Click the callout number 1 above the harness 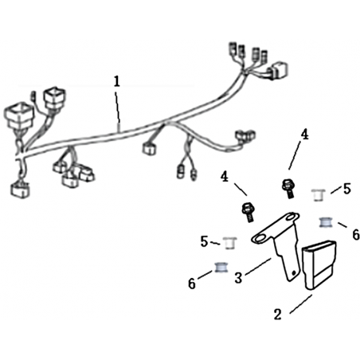tap(117, 81)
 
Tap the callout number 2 tap(277, 315)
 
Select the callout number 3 tap(238, 278)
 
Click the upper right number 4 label tap(304, 135)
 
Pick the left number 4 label tap(225, 177)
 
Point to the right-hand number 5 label tap(347, 189)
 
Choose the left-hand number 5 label tap(204, 242)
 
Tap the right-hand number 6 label tap(356, 235)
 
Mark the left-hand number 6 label tap(192, 284)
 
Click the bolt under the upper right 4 tap(288, 188)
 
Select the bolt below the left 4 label tap(248, 212)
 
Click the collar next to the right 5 tap(319, 195)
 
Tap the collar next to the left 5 tap(230, 243)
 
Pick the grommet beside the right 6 tap(326, 222)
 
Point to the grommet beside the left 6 tap(221, 268)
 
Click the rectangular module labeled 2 tap(319, 264)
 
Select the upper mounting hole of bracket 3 tap(291, 217)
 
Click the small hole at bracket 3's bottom tap(293, 272)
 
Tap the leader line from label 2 tap(301, 304)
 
